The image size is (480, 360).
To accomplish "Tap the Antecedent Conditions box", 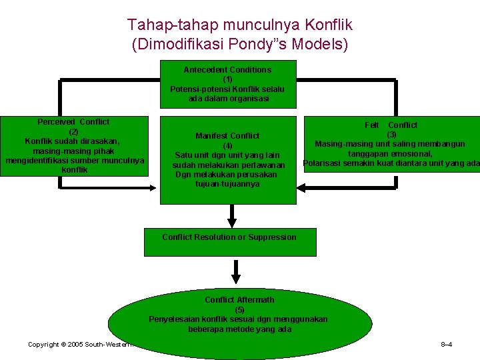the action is click(x=227, y=84).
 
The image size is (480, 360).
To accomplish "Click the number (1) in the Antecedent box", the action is click(x=227, y=79).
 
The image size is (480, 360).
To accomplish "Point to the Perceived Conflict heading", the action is click(x=73, y=122).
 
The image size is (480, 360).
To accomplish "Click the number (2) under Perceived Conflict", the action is click(x=74, y=131).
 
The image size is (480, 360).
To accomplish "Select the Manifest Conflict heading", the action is click(x=227, y=136).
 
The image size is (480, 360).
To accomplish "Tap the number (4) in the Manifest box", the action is click(x=227, y=146).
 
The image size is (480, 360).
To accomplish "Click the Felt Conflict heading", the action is click(x=391, y=125).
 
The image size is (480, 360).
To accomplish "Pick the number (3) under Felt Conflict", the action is click(x=391, y=134).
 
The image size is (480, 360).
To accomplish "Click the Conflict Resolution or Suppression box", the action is click(x=230, y=241).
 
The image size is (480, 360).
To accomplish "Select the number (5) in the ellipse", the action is click(x=239, y=309).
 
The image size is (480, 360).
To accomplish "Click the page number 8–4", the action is click(x=447, y=345).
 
